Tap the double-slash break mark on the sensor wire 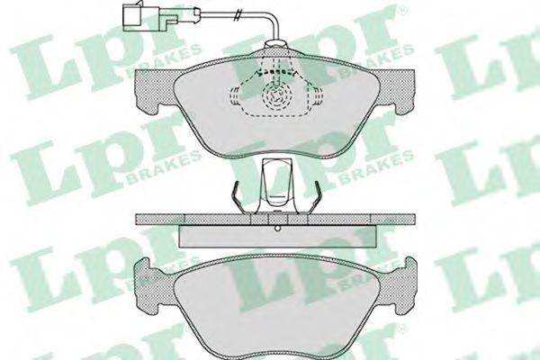point(236,15)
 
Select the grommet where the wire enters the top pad point(275,44)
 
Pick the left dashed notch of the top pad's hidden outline point(234,95)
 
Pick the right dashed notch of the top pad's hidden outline point(318,95)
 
